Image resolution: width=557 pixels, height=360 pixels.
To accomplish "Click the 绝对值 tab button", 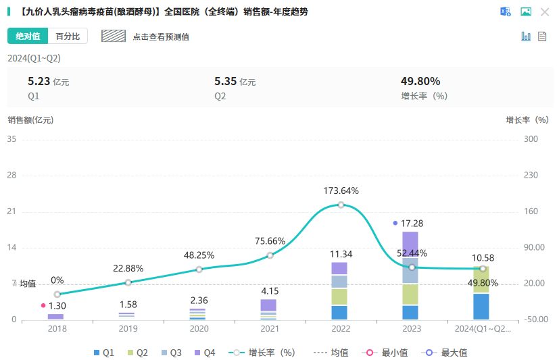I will pos(28,36).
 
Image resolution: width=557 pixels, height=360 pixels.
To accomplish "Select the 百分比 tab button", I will pos(68,36).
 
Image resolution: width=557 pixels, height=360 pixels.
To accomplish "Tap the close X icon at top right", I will pos(545,11).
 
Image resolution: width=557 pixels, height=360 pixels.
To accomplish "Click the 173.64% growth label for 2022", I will pos(341,190).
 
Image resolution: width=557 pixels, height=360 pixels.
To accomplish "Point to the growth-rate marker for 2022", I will pos(341,205).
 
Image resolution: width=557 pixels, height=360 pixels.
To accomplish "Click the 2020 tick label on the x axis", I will pos(199,329).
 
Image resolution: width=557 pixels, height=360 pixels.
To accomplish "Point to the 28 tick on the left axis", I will pos(11,175).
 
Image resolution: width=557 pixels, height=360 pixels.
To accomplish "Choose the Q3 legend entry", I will pos(170,353).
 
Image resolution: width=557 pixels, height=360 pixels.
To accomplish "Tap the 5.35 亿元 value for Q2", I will pos(235,82).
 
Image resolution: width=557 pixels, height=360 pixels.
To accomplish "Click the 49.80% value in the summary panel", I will pos(420,82).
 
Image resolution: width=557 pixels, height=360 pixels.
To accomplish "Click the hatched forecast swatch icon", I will pos(114,36).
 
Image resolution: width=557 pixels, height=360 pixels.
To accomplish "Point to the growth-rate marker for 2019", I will pos(128,282).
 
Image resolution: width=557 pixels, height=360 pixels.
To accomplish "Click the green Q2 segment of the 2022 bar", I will pos(339,297).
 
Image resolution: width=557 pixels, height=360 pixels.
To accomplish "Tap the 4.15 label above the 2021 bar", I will pos(269,291).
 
